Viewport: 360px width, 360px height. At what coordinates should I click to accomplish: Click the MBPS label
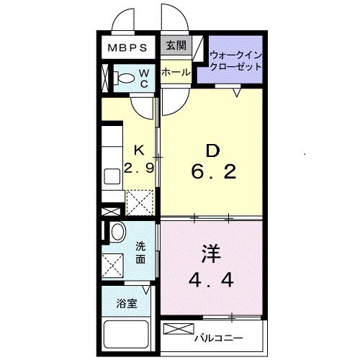click(128, 49)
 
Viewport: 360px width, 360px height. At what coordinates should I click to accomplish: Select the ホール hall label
click(175, 72)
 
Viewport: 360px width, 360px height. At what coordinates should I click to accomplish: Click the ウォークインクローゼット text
click(235, 60)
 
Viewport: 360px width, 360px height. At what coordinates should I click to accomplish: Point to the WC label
click(144, 78)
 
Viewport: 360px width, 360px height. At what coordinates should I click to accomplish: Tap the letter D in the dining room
click(212, 150)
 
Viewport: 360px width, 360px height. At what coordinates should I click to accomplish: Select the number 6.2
click(213, 173)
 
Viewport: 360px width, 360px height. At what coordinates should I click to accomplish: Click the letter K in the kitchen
click(140, 150)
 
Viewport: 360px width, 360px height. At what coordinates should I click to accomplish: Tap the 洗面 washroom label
click(142, 253)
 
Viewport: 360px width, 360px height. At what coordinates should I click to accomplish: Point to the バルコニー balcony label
click(219, 337)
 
